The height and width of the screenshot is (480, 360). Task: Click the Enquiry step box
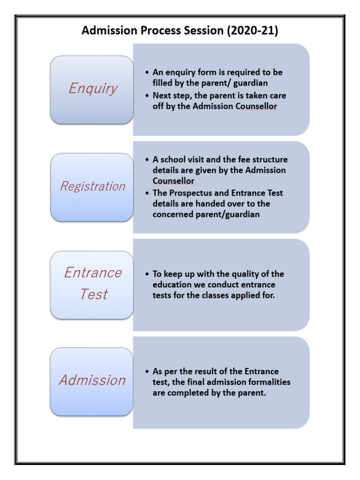pyautogui.click(x=92, y=90)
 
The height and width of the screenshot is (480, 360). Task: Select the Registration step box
pyautogui.click(x=92, y=187)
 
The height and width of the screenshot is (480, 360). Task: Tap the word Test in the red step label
pyautogui.click(x=93, y=294)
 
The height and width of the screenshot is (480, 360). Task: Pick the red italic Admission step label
pyautogui.click(x=92, y=380)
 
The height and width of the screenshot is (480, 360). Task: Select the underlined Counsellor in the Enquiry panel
pyautogui.click(x=256, y=106)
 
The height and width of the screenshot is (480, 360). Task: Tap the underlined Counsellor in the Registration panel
pyautogui.click(x=173, y=181)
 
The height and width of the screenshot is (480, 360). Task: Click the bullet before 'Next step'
pyautogui.click(x=147, y=96)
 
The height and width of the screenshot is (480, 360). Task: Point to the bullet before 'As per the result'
pyautogui.click(x=147, y=371)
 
